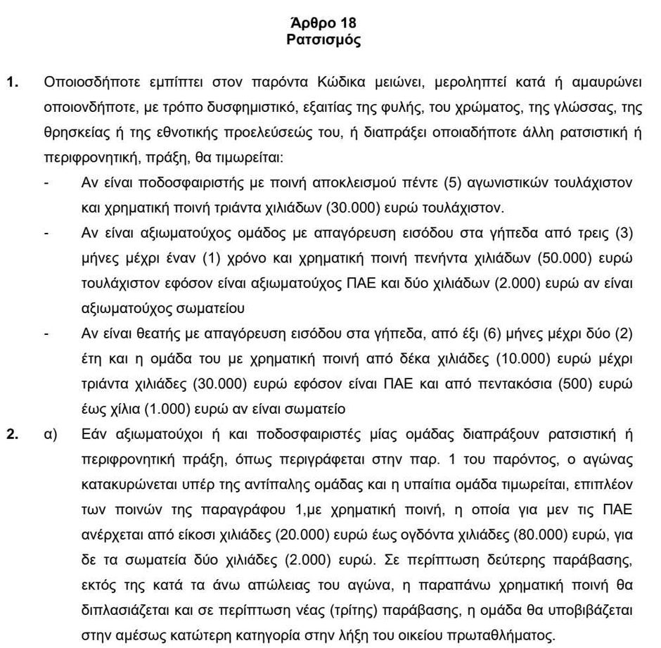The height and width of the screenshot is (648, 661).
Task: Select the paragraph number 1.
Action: pos(13,82)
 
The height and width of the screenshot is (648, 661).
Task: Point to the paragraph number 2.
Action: pos(13,433)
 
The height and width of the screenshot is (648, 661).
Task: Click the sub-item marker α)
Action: pos(49,433)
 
